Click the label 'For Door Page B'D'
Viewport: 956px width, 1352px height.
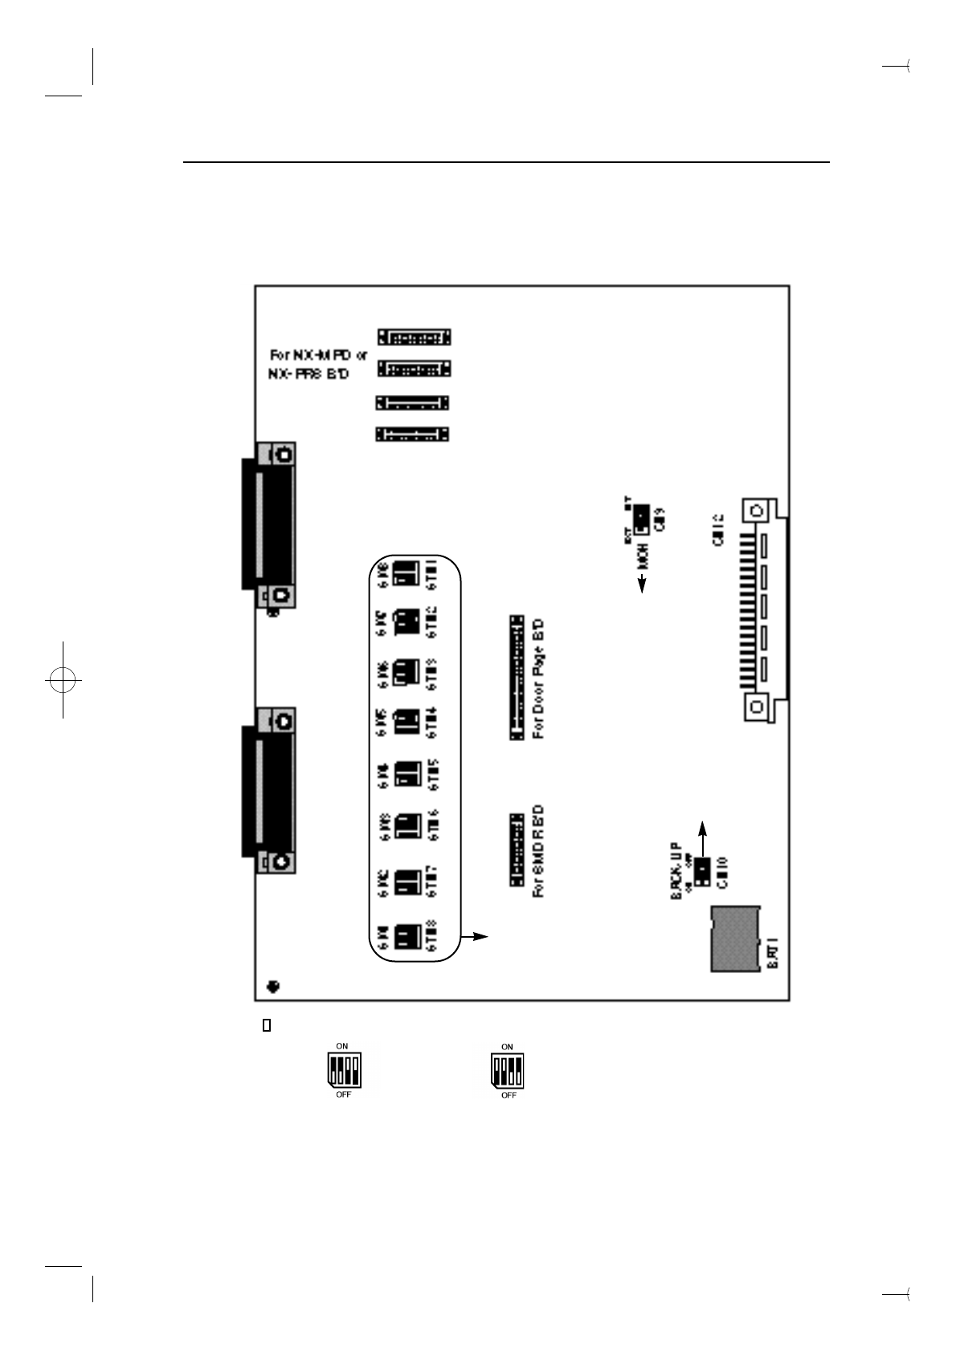[538, 678]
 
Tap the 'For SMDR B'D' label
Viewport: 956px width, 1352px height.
[538, 851]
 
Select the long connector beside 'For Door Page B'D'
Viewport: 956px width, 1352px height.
[517, 678]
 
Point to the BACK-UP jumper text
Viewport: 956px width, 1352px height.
[676, 870]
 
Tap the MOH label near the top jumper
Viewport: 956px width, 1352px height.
[643, 555]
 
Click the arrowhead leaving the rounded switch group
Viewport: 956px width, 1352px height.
[480, 936]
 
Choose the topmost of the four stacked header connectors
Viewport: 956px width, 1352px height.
[414, 336]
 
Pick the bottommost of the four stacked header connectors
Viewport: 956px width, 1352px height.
[412, 434]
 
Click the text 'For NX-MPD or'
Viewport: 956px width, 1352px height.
[318, 354]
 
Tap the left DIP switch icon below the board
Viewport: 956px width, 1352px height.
[344, 1070]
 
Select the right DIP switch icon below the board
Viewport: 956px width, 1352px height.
[508, 1070]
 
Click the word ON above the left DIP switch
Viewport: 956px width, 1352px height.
[342, 1046]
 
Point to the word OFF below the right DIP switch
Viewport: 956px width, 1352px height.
[509, 1095]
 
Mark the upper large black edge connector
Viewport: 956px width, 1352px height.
[268, 523]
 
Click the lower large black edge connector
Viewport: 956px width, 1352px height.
[268, 790]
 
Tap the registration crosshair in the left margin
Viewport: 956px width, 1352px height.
[63, 679]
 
